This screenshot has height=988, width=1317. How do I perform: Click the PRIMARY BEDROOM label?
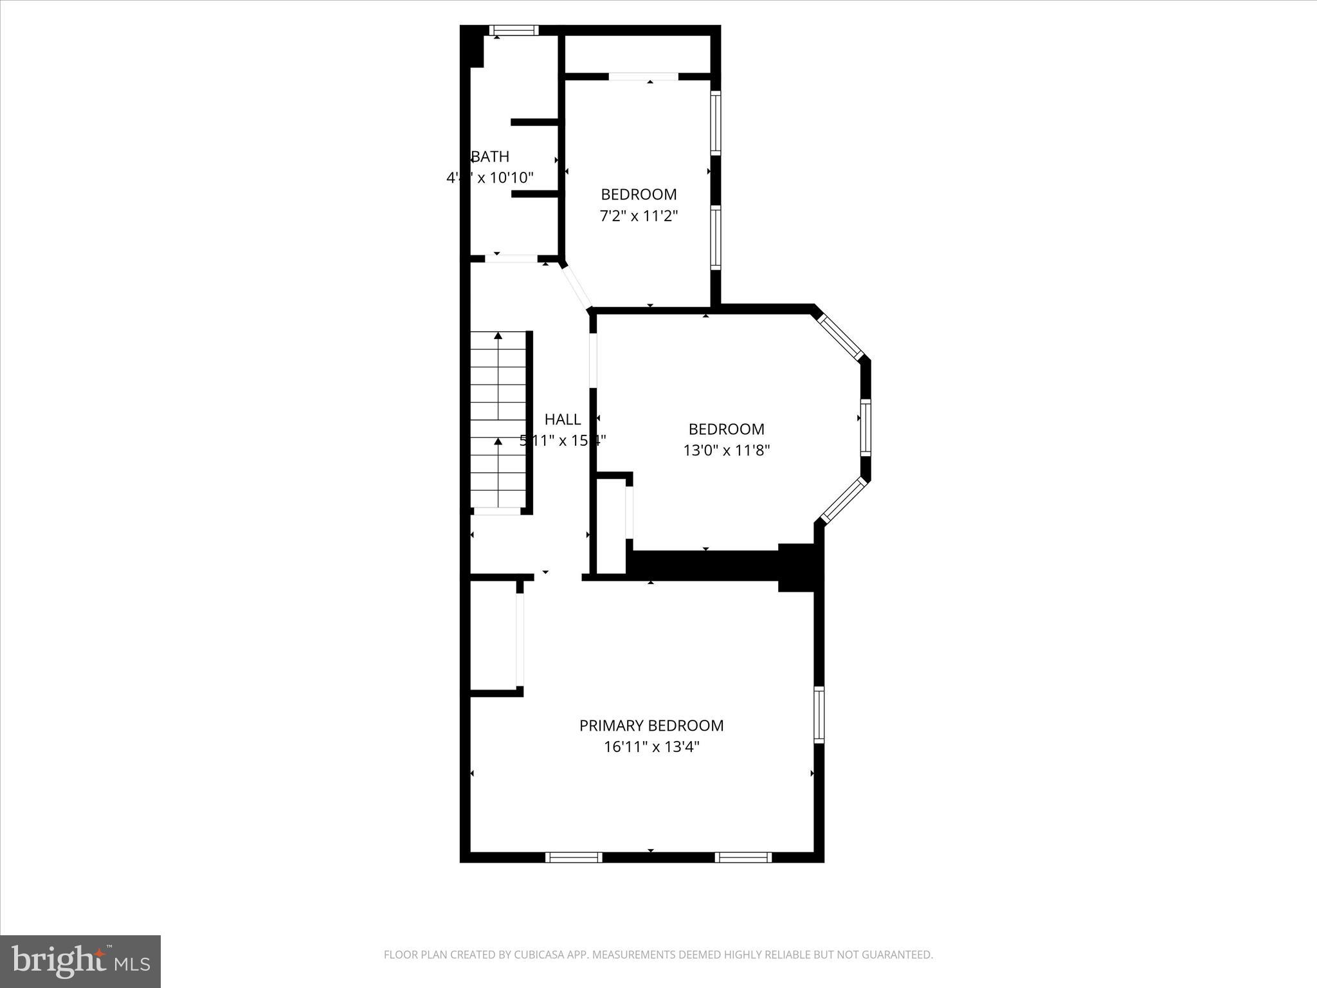tap(651, 726)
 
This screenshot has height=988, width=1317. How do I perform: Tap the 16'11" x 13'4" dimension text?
tap(651, 747)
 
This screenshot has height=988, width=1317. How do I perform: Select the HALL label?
tap(563, 419)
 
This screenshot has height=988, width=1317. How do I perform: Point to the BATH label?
tap(491, 156)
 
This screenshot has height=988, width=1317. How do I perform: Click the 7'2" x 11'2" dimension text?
tap(639, 215)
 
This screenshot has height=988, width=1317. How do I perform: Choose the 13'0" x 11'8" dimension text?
tap(726, 450)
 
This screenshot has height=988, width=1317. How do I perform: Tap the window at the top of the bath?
tap(513, 30)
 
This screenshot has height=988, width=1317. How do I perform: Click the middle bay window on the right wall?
tap(866, 427)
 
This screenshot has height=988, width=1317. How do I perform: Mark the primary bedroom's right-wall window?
tap(819, 715)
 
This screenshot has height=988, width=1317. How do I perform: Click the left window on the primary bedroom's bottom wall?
tap(574, 857)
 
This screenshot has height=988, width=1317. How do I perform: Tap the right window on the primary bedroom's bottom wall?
tap(743, 857)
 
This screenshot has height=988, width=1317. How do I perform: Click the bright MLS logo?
tap(80, 961)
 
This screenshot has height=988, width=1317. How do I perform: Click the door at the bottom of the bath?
tap(511, 259)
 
